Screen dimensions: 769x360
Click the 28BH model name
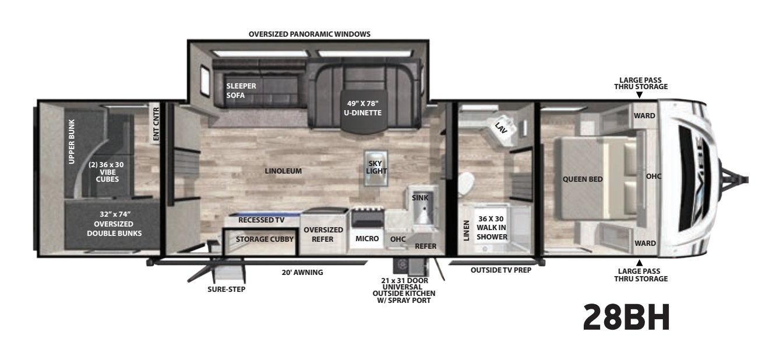[x=626, y=317]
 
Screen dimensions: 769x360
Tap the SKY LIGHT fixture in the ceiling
[x=376, y=168]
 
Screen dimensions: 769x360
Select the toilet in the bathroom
[x=466, y=185]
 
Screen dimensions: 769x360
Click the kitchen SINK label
[x=420, y=198]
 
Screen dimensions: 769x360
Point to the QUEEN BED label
[x=583, y=179]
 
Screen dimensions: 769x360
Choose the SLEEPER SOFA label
[x=241, y=91]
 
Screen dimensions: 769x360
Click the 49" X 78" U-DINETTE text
[x=363, y=108]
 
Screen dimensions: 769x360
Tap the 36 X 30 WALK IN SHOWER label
[x=492, y=228]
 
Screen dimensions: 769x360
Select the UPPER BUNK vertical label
[x=72, y=142]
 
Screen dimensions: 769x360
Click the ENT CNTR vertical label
[x=156, y=124]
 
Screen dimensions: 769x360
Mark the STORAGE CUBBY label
[x=264, y=239]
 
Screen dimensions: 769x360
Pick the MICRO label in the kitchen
[x=367, y=238]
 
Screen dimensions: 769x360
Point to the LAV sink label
[x=501, y=128]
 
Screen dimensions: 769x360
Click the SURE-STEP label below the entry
[x=226, y=290]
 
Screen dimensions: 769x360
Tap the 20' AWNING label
[x=302, y=273]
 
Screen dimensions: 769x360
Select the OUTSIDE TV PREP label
[x=501, y=270]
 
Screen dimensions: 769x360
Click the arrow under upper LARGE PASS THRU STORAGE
[x=639, y=95]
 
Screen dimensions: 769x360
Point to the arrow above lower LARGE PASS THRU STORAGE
[x=639, y=263]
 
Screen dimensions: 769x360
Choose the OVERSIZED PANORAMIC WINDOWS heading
[x=309, y=34]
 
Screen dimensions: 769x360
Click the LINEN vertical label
[x=466, y=231]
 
